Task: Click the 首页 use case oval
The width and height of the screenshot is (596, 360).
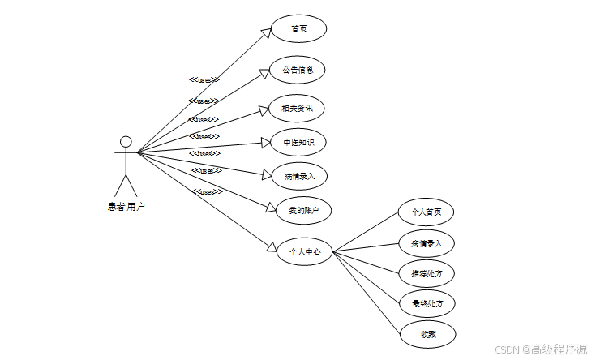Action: click(x=298, y=28)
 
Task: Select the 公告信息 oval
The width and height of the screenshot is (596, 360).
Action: click(x=298, y=70)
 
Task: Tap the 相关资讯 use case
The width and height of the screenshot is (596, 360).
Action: click(x=298, y=108)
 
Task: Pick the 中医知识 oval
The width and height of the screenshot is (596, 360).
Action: click(x=298, y=143)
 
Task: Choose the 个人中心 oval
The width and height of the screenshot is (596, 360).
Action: click(x=305, y=251)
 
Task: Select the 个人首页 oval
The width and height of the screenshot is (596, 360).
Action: click(x=427, y=212)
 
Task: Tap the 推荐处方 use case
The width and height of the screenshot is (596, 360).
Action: click(x=427, y=273)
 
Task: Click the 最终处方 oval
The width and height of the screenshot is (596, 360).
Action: click(x=427, y=303)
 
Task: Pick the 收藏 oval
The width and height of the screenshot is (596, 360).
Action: click(x=427, y=333)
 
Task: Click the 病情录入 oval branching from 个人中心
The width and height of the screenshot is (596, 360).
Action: click(x=427, y=242)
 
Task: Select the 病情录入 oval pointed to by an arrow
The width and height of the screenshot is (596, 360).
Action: click(x=298, y=175)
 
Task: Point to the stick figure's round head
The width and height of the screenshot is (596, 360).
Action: click(x=125, y=142)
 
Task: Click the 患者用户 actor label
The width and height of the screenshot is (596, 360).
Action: click(x=126, y=207)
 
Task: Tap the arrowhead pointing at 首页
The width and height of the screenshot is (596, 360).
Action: click(x=265, y=33)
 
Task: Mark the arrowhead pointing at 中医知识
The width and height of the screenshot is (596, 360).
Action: click(x=264, y=143)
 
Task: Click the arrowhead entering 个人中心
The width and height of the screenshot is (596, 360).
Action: click(x=270, y=247)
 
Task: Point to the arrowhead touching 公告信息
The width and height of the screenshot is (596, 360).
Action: click(x=264, y=72)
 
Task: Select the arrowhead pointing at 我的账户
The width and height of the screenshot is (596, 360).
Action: click(x=272, y=208)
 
